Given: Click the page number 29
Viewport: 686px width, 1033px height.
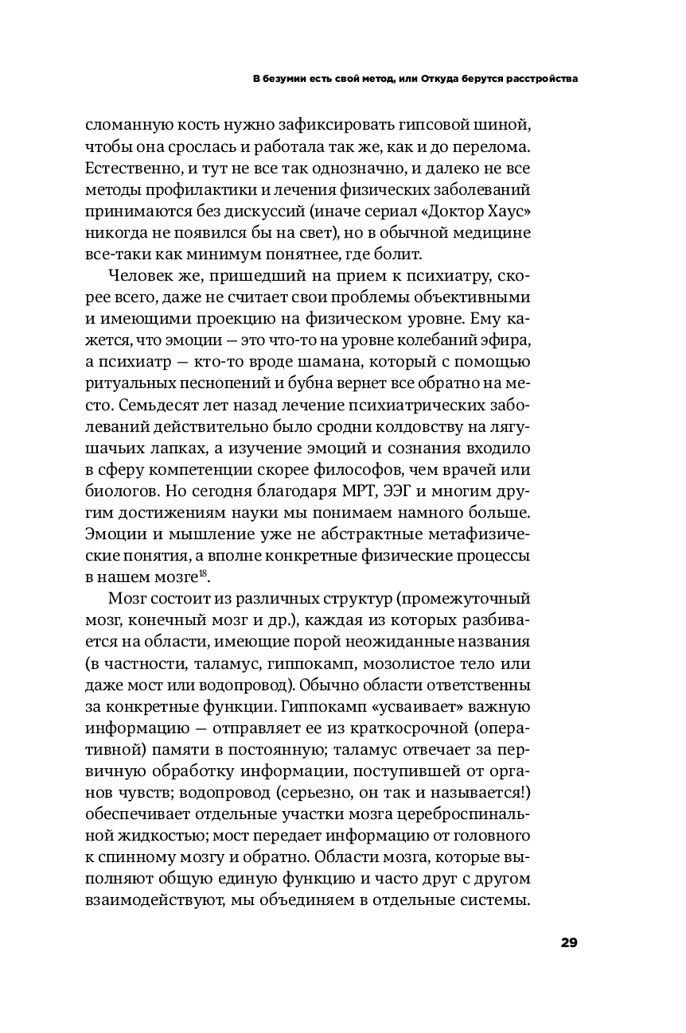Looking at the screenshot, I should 568,943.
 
